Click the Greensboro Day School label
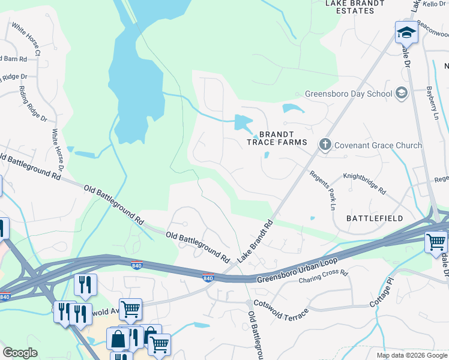click(x=348, y=94)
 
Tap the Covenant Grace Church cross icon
click(x=325, y=145)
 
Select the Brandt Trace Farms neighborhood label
click(x=277, y=138)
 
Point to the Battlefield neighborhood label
click(x=375, y=218)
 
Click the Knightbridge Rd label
click(x=364, y=183)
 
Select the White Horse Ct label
click(x=26, y=40)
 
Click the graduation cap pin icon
click(x=406, y=32)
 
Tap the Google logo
click(x=20, y=353)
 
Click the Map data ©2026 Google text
click(x=412, y=355)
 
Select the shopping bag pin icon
click(x=118, y=339)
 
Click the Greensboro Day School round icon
click(x=402, y=93)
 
